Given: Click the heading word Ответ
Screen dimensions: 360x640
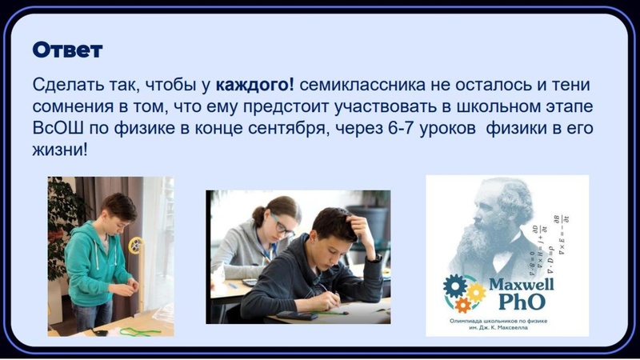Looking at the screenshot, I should [x=68, y=50].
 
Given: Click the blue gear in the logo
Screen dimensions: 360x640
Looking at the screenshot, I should [x=455, y=286].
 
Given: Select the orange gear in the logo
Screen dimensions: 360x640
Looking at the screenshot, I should [x=462, y=305].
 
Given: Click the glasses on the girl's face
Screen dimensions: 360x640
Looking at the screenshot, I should [x=282, y=226].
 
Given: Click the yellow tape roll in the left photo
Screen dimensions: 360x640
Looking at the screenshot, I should [x=136, y=245].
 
